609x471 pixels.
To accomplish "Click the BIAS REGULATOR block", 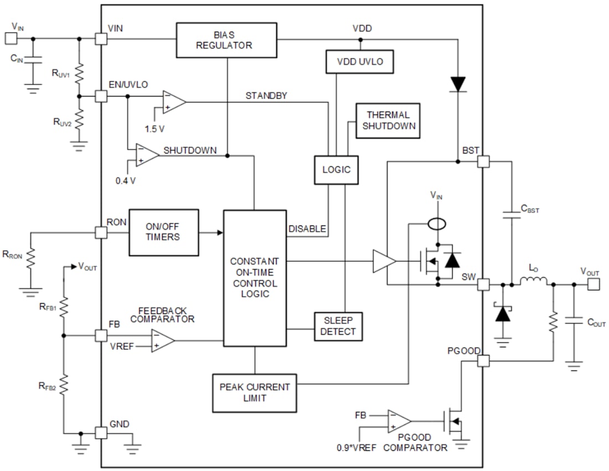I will (x=226, y=40).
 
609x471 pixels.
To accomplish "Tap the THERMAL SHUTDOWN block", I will (x=388, y=120).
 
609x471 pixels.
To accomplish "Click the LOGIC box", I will (x=336, y=169).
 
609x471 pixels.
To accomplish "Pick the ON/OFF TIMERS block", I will (x=163, y=232).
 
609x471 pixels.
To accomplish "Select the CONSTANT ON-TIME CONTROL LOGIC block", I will (x=255, y=277).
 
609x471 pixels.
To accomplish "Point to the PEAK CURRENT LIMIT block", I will (x=254, y=392).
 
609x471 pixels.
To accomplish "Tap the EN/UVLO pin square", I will (x=101, y=96).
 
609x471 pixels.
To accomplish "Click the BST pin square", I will (x=483, y=162).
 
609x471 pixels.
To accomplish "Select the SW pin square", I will (x=483, y=285).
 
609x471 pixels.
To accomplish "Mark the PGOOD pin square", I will (x=483, y=361).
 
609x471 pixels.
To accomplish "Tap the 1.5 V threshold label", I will (x=154, y=128).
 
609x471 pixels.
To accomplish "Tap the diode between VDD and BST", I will (x=458, y=84).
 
